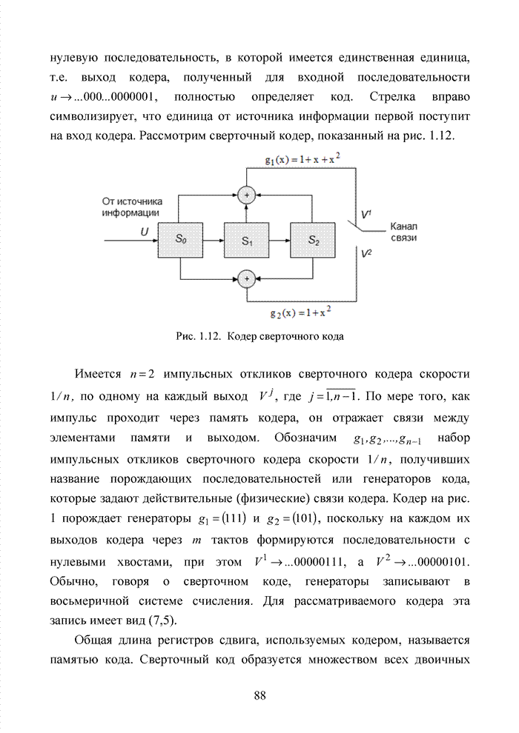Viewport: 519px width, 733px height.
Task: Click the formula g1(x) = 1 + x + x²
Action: click(x=303, y=159)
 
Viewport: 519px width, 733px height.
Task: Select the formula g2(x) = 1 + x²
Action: click(x=300, y=311)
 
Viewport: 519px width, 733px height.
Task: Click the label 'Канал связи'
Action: click(x=404, y=232)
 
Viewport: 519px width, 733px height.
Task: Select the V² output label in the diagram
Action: click(x=366, y=253)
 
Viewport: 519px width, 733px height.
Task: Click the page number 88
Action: click(x=259, y=694)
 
